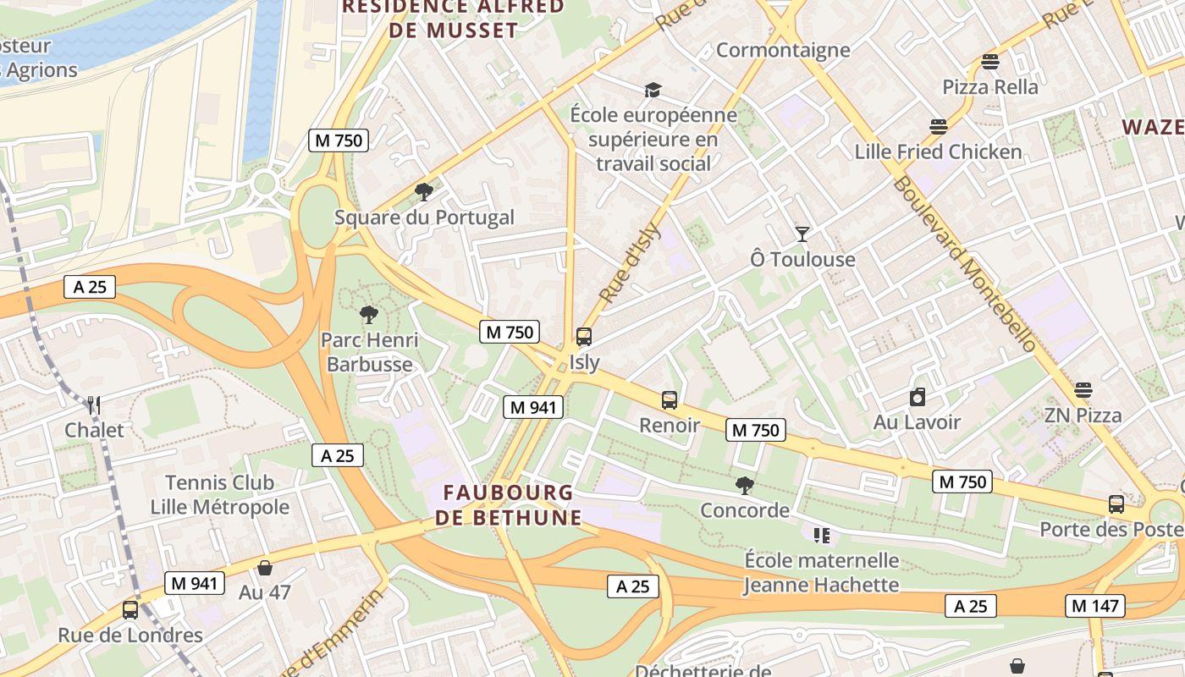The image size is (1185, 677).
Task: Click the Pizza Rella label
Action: tap(989, 86)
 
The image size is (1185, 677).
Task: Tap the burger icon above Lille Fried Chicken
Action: tap(938, 127)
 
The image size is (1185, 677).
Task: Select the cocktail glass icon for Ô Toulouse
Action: tap(802, 234)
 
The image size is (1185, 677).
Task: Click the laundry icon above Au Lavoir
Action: tap(918, 397)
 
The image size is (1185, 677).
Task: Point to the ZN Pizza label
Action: tap(1083, 415)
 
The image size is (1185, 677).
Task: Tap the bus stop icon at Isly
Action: tap(584, 337)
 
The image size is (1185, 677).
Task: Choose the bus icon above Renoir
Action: tap(670, 399)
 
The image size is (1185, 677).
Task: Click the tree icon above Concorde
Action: tap(745, 486)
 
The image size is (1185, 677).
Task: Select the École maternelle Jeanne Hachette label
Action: tap(821, 572)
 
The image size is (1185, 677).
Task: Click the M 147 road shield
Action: tap(1095, 606)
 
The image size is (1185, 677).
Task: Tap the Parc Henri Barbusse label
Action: tap(369, 352)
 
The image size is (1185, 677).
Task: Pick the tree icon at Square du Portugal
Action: tap(424, 192)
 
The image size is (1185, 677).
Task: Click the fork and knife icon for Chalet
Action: tap(94, 405)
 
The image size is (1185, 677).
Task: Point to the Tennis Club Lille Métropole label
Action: tap(219, 495)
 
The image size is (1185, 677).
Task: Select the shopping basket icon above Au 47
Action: tap(265, 568)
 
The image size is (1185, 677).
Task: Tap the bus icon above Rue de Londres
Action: tap(130, 609)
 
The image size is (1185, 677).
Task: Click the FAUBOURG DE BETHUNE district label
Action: tap(509, 505)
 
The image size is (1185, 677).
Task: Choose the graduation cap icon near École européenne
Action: tap(653, 90)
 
